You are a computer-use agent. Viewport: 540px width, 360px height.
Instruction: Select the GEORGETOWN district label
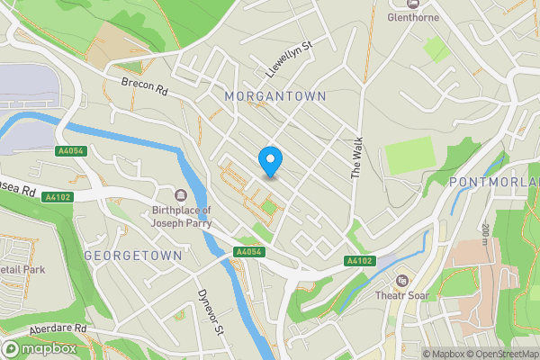pos(132,256)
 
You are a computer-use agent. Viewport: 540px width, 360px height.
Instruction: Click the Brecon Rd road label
pos(145,88)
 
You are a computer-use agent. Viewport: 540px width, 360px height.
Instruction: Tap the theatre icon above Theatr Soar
pos(401,281)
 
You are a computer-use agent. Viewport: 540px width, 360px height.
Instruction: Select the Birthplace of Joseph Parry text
pos(180,217)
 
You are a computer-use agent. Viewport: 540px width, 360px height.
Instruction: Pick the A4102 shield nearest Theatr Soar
pos(358,261)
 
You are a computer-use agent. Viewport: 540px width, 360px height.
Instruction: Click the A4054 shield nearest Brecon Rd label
pos(69,151)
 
